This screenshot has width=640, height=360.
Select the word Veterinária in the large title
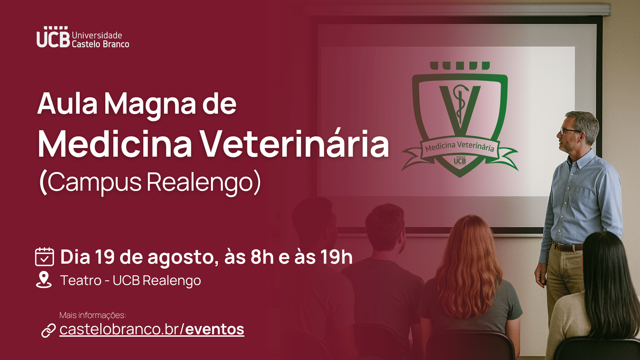coord(295,144)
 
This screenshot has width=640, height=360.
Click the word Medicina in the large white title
coord(115,144)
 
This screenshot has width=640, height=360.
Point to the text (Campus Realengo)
coord(150,182)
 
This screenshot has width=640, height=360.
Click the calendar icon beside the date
coord(44,257)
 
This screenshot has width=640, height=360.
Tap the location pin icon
coord(44,279)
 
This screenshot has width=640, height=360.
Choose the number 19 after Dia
coord(105,257)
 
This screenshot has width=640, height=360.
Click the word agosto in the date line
coord(183,258)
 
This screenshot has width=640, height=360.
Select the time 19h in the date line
coord(336,257)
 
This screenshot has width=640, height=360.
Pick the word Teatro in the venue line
coord(81,280)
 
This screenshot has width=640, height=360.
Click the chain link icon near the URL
coord(48,330)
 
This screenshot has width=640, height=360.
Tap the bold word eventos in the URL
coord(215,329)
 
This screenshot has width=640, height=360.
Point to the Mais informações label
coord(93,315)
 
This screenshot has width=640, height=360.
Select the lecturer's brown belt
coord(568,247)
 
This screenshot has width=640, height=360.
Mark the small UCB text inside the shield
coord(460,161)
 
